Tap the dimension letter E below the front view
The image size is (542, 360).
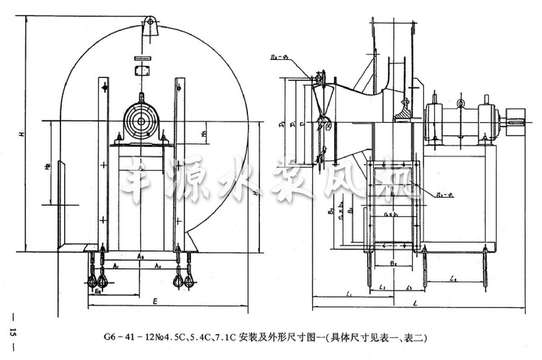[155, 300]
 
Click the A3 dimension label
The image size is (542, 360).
[141, 256]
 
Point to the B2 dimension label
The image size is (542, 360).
[393, 262]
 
